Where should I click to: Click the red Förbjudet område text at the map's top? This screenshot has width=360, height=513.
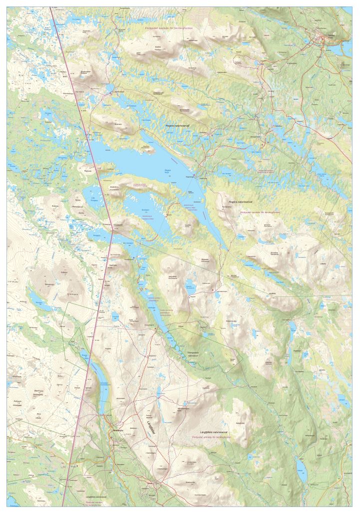coord(168,29)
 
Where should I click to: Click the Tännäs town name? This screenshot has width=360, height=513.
coord(328,36)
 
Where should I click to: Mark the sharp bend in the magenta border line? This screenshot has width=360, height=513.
coord(112,232)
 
